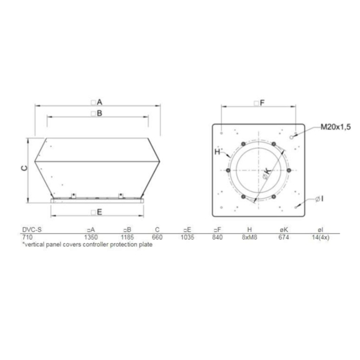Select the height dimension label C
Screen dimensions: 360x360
point(23,167)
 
